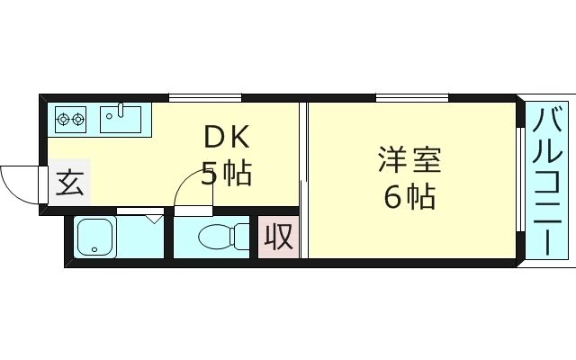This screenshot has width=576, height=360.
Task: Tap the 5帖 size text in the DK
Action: coord(225,173)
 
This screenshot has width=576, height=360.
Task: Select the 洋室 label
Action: coord(409,162)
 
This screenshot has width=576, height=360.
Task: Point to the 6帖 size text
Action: coord(409,195)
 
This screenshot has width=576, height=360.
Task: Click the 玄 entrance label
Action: coord(69,184)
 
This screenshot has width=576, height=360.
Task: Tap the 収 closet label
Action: coord(277,237)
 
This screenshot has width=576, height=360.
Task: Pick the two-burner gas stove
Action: coord(70,117)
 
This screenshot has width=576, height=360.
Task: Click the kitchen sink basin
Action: coord(119,117)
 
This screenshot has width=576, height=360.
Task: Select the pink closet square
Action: coord(277,237)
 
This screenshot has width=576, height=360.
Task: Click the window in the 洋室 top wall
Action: coord(411,97)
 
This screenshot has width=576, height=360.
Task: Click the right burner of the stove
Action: coord(78,117)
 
